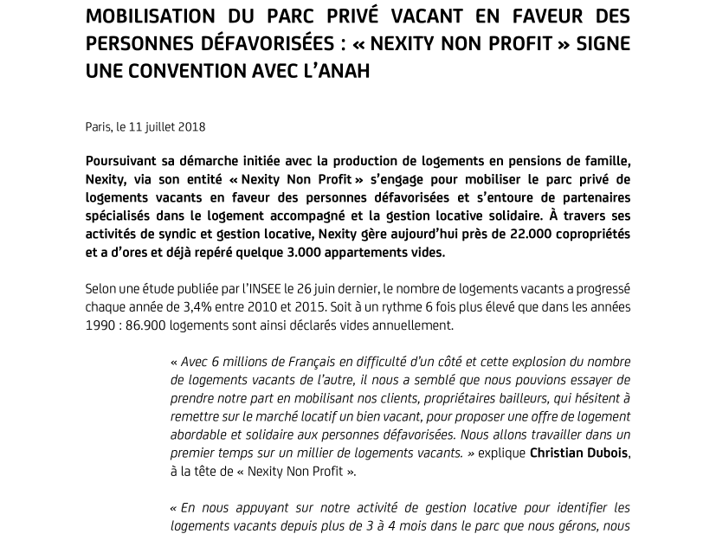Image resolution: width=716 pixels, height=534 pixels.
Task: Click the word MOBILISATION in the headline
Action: point(150,16)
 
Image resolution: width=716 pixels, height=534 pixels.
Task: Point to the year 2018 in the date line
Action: point(191,126)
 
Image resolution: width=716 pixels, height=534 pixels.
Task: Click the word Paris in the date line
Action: point(98,126)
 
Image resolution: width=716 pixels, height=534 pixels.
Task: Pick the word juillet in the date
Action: point(158,126)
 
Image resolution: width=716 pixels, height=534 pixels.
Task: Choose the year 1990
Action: point(101,325)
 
